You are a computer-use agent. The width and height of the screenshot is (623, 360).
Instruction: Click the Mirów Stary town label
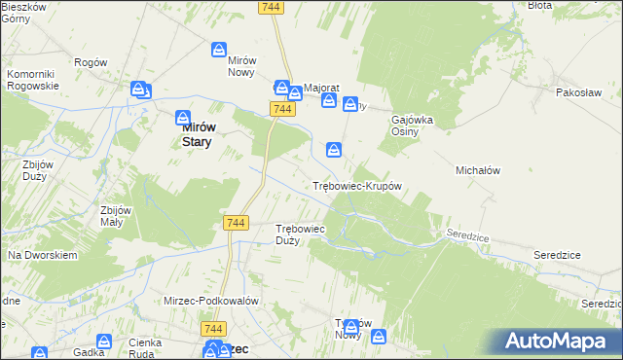[200, 133]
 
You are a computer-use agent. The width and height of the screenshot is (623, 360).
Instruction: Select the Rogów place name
[89, 62]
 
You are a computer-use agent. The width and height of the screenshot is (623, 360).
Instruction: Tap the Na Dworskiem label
[42, 255]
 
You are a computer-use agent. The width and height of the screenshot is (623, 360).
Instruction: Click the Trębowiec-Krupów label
[356, 185]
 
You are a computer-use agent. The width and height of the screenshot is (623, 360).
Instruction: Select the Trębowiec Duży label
[300, 234]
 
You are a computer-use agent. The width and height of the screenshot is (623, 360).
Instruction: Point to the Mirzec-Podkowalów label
[211, 302]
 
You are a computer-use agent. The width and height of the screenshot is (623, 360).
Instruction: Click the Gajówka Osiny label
[412, 126]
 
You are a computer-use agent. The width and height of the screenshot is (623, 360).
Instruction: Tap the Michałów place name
[477, 170]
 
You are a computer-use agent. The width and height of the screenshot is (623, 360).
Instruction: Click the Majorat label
[320, 87]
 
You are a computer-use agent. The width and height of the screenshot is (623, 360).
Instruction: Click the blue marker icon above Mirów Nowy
[220, 49]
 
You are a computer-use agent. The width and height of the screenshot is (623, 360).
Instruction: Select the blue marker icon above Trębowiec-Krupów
[334, 149]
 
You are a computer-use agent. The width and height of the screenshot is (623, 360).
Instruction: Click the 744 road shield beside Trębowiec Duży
[235, 223]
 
